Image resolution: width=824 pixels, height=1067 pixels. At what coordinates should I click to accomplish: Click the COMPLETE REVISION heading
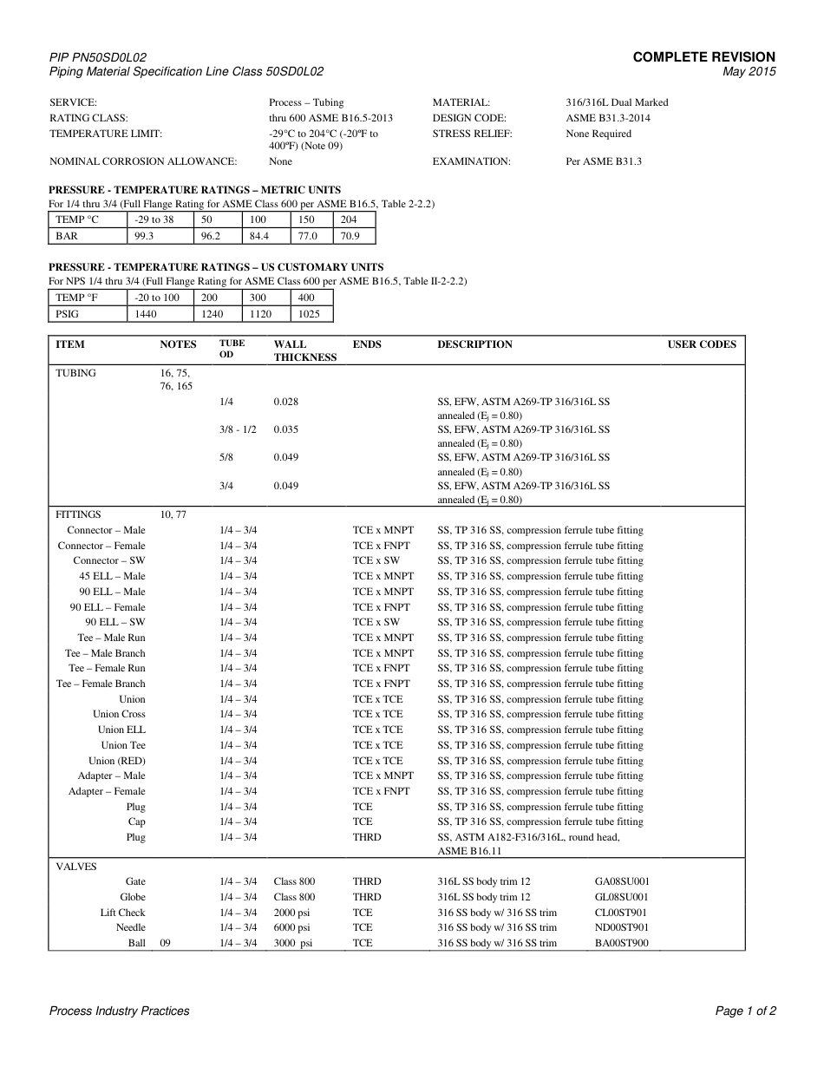coord(703,57)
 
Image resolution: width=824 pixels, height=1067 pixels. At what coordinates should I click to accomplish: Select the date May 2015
coord(749,72)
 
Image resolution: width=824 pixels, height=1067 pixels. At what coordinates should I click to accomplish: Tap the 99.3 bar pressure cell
coord(144,236)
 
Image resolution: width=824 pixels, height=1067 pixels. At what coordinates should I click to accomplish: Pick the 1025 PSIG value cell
coord(309,314)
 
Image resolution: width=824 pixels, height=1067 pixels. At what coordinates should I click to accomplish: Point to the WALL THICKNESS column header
coord(304,350)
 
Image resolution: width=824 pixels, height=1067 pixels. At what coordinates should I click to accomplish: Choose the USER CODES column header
coord(701,344)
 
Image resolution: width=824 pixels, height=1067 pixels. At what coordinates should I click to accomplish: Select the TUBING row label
coord(76,373)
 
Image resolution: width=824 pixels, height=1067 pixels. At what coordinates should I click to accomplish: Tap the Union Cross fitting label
coord(119,715)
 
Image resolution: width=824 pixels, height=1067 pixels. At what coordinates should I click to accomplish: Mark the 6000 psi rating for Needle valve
coord(293,927)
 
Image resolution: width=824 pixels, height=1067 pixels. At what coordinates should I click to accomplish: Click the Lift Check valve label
coord(122,913)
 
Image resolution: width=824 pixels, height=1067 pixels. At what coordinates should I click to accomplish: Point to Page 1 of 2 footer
coord(745,1011)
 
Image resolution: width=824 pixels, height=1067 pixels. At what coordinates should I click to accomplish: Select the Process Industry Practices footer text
coord(119,1011)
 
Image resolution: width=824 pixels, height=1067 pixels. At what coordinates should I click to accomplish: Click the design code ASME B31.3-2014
coord(608,118)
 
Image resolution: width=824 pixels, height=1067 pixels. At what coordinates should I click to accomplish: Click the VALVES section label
coord(76,867)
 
